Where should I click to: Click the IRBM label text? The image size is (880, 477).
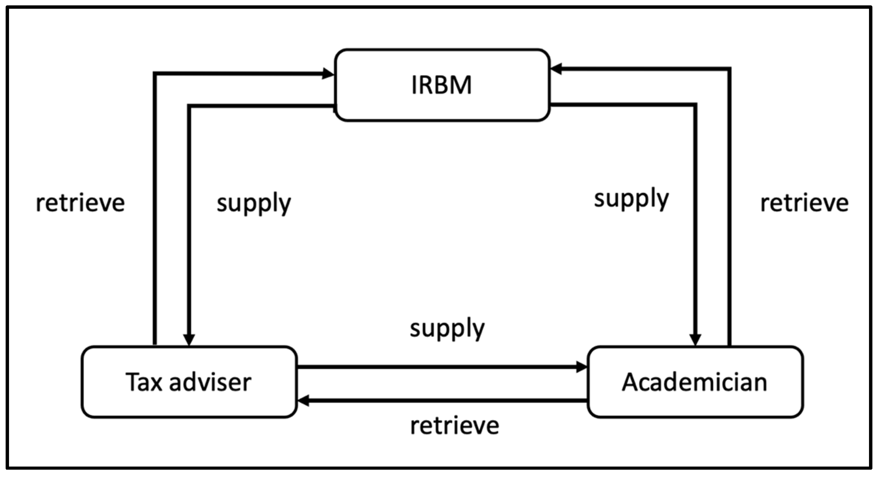441,85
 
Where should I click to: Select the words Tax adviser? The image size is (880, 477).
189,382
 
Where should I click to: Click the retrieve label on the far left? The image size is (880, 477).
80,203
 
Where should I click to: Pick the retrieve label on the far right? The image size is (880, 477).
804,203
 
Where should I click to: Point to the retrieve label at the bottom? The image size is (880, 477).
454,426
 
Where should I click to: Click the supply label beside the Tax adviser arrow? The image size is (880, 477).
254,203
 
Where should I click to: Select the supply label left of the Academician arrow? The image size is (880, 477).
631,199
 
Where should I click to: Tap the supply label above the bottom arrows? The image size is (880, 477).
447,328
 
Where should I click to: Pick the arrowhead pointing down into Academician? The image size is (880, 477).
695,340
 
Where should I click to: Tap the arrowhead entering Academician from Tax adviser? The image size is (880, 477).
581,367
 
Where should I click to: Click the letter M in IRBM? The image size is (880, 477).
461,85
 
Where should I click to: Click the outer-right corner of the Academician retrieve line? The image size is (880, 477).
729,69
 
